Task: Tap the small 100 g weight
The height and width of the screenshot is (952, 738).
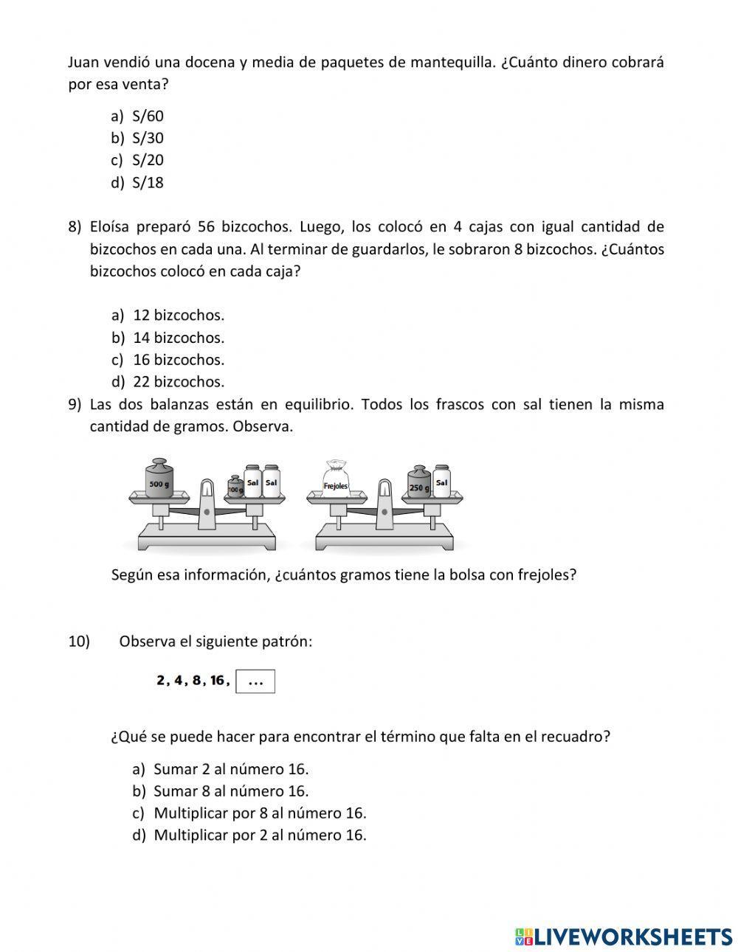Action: click(235, 487)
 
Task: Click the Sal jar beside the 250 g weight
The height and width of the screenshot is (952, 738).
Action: click(441, 482)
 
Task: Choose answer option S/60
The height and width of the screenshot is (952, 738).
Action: click(147, 116)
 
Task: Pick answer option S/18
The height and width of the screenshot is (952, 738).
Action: click(147, 183)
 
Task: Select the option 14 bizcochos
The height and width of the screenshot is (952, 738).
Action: click(178, 338)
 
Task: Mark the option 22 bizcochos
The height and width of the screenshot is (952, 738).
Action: click(178, 382)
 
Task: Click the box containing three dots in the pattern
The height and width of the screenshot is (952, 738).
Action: click(255, 682)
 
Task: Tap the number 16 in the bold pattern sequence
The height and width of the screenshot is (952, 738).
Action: click(218, 681)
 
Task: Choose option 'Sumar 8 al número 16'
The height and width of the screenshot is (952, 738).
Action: click(230, 791)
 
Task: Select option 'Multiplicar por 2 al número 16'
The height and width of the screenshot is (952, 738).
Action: click(259, 835)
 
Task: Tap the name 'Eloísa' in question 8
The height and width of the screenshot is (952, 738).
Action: click(111, 226)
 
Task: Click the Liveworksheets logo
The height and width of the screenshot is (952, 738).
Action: click(623, 937)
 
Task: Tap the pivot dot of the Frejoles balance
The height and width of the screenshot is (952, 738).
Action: click(384, 511)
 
